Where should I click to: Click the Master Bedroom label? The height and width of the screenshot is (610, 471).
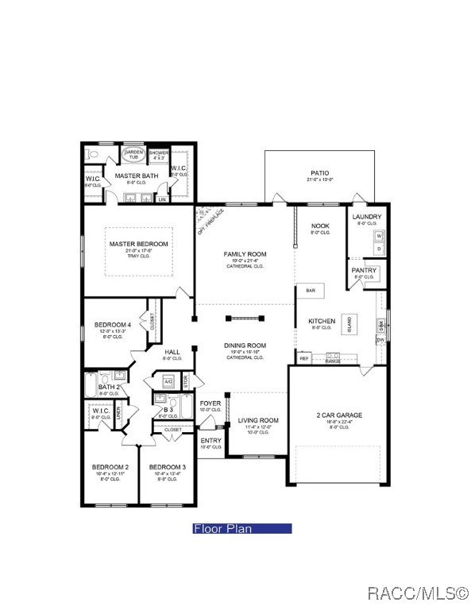[139, 244]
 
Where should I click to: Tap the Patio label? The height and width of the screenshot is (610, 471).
[320, 172]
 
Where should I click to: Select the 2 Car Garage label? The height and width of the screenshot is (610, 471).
[339, 415]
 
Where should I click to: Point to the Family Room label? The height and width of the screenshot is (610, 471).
[245, 254]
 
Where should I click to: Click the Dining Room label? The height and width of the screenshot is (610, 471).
[245, 346]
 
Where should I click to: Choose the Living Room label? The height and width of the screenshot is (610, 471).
[259, 420]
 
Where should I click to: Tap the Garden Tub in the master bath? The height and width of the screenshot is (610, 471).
[133, 154]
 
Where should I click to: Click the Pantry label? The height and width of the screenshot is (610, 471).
[365, 271]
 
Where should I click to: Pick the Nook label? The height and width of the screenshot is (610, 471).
[320, 226]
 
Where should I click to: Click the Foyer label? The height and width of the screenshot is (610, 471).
[210, 403]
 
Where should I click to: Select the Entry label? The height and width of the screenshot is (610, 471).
[210, 441]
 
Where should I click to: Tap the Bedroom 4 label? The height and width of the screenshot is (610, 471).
[112, 325]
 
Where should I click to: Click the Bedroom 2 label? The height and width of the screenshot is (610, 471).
[110, 467]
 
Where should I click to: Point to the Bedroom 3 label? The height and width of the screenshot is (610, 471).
[168, 467]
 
